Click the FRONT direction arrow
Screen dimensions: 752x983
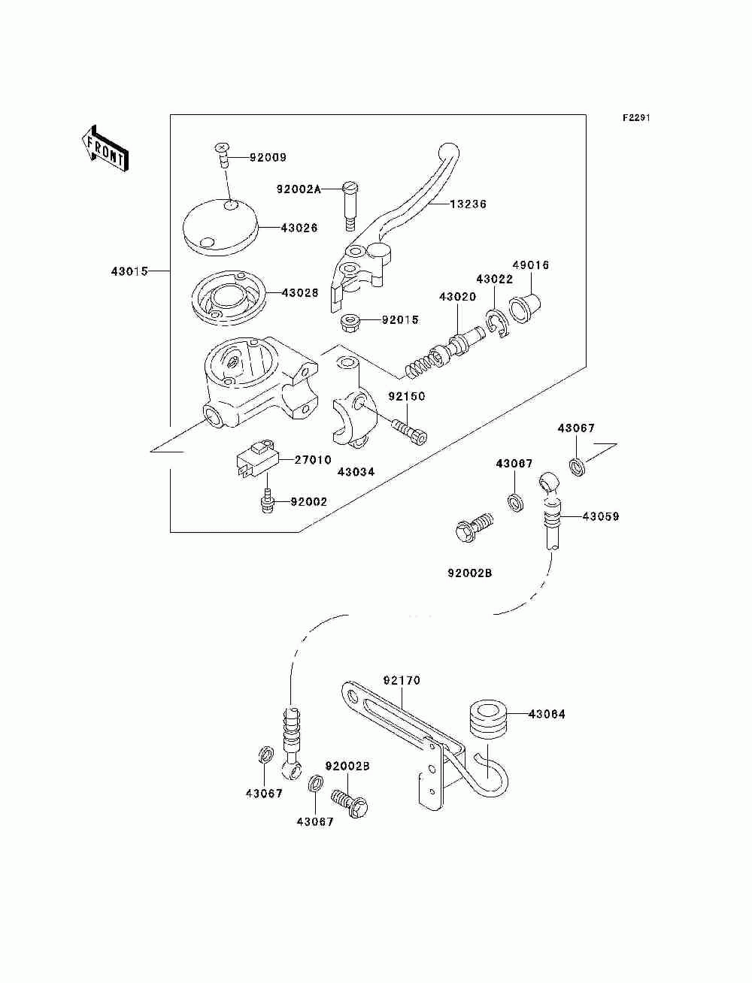(x=105, y=148)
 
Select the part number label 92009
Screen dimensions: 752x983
(x=268, y=158)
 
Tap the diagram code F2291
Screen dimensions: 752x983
(x=636, y=118)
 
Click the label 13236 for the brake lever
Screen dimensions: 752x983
(x=468, y=204)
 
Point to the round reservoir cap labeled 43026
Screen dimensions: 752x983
(x=222, y=228)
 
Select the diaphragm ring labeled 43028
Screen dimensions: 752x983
(x=229, y=298)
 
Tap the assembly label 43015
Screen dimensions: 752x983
(x=129, y=271)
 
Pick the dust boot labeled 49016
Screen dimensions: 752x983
(x=525, y=307)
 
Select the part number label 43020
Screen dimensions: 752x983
(x=457, y=296)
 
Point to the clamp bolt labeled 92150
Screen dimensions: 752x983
(x=410, y=431)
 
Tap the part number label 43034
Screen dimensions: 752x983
(x=356, y=472)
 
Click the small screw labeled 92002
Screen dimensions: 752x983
(x=268, y=501)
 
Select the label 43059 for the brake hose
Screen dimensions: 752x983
(x=601, y=517)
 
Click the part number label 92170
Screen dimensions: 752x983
(x=402, y=681)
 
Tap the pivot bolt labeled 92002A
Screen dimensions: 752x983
(x=350, y=206)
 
